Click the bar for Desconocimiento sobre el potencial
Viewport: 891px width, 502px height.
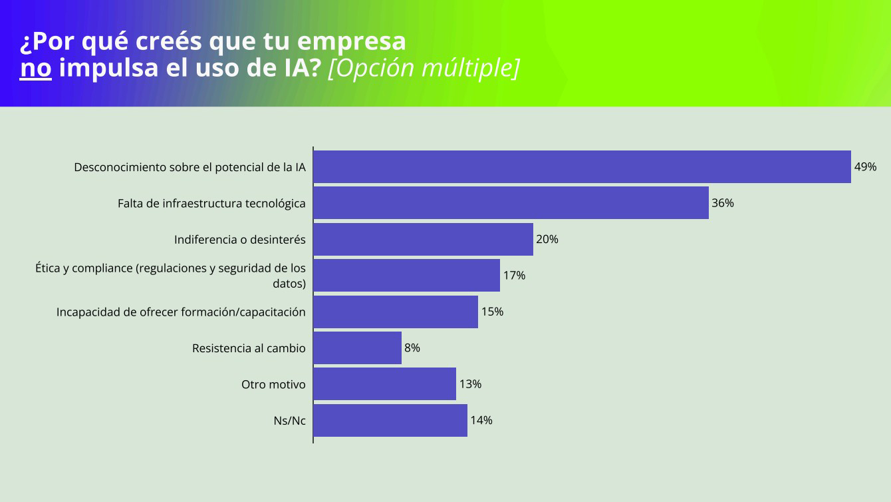point(582,166)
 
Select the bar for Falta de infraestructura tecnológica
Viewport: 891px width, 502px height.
point(511,203)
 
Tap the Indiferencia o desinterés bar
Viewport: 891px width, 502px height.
point(423,239)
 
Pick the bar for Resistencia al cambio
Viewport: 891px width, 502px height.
point(357,348)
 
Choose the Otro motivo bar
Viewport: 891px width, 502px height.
point(384,384)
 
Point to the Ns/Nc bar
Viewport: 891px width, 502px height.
point(390,420)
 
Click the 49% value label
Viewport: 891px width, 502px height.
point(865,167)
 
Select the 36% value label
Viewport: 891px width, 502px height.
point(723,203)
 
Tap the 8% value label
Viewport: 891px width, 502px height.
point(412,348)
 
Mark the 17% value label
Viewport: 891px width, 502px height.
point(514,275)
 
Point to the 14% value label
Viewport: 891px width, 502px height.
point(481,420)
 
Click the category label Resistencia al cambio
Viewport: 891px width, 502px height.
point(249,348)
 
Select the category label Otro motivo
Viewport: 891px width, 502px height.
point(273,384)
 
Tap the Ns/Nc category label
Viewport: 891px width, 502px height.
point(290,421)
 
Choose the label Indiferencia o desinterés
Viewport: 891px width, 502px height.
point(239,240)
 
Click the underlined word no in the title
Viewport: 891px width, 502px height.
point(35,69)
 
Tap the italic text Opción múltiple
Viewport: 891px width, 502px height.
point(424,69)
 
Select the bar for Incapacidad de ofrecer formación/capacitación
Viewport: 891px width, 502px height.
point(396,312)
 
